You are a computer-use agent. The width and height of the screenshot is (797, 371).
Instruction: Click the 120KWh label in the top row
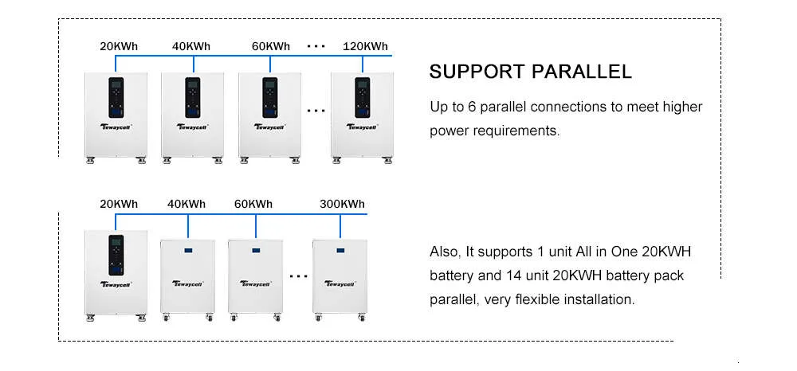point(366,47)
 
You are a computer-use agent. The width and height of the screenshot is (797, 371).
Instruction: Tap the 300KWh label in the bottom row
point(342,205)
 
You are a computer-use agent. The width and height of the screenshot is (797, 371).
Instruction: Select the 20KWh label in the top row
point(119,47)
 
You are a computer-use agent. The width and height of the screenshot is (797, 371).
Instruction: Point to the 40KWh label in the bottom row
point(186,205)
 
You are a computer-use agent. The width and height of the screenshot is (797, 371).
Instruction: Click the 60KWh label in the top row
point(271,47)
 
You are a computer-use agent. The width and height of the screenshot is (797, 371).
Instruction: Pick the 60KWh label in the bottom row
point(253,205)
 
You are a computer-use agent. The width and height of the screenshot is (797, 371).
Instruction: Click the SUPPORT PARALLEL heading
point(531,72)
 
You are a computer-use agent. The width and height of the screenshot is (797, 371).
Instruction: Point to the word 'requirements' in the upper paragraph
point(515,131)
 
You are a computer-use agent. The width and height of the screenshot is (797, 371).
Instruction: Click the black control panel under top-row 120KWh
point(363,97)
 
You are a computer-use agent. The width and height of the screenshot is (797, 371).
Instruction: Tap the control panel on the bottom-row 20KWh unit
point(116,256)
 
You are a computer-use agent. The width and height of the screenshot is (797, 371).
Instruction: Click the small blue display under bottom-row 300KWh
point(340,251)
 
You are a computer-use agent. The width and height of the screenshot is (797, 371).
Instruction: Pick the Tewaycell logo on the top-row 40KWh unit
point(193,127)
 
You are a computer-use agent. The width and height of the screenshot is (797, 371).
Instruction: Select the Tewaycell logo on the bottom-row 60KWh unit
point(255,283)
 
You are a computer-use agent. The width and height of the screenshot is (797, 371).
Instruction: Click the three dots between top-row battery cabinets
point(316,110)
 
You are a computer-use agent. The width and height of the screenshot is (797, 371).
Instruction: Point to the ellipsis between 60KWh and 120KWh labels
point(316,46)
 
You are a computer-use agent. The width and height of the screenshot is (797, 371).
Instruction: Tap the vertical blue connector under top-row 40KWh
point(194,64)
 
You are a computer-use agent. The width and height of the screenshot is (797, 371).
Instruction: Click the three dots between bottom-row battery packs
point(298,276)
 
